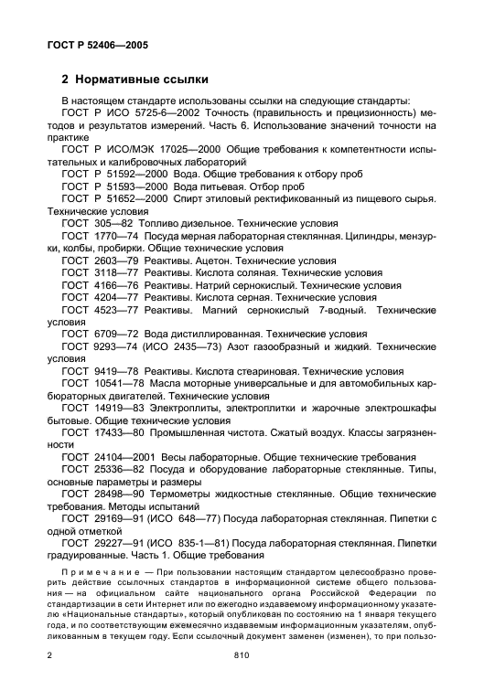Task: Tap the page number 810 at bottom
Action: (x=241, y=655)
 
